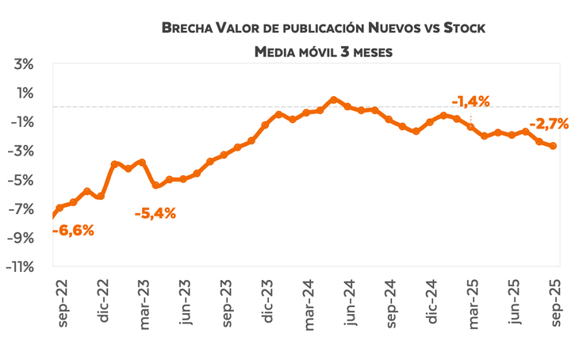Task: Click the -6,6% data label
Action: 73,231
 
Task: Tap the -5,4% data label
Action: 155,213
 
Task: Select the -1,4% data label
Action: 470,101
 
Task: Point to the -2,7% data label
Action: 549,124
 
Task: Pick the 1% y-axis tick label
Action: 25,93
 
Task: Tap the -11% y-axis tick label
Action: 21,267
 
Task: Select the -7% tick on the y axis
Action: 22,209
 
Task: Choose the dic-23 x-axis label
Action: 268,304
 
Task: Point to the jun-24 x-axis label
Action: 350,304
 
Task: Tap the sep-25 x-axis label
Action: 555,304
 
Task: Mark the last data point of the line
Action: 553,146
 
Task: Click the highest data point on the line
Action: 333,99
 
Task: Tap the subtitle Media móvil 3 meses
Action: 323,52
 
